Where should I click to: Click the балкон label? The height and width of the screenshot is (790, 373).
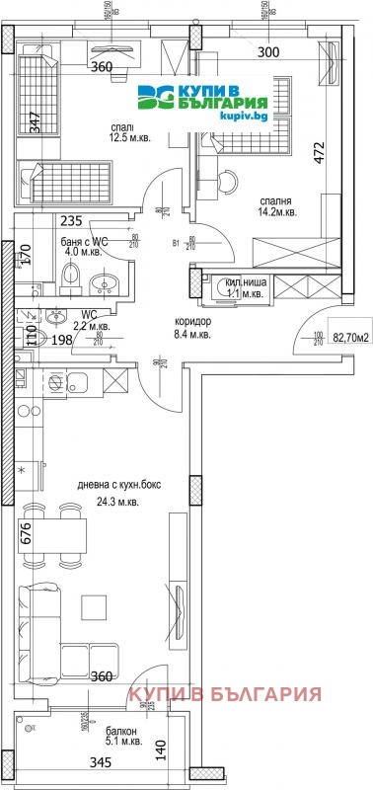(121, 731)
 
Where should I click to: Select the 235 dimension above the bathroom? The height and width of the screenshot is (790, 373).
(70, 221)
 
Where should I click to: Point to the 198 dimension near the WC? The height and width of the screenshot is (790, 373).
(62, 341)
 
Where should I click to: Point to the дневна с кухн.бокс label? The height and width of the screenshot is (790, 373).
(120, 484)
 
